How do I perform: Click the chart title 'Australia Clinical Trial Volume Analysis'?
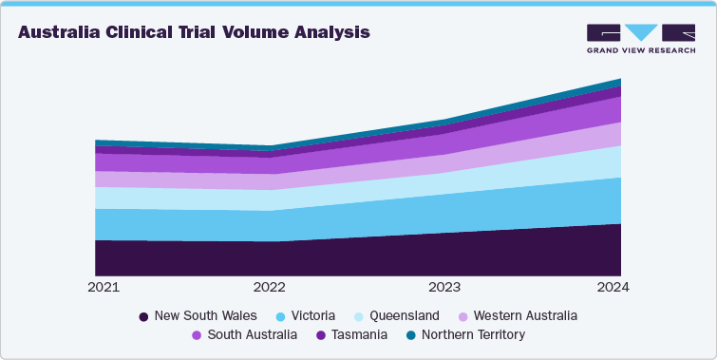click(194, 32)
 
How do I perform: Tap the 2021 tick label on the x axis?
click(104, 287)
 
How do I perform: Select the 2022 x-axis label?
click(270, 287)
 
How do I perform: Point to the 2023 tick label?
click(444, 287)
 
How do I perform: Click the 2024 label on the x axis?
click(612, 287)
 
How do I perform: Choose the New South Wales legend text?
click(206, 315)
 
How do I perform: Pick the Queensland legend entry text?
click(405, 315)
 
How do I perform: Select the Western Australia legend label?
click(524, 315)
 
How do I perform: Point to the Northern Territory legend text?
click(473, 335)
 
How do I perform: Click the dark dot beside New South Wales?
click(143, 316)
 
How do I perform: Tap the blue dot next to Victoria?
click(281, 316)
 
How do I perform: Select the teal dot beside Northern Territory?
click(410, 336)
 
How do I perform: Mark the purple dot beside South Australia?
click(196, 336)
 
